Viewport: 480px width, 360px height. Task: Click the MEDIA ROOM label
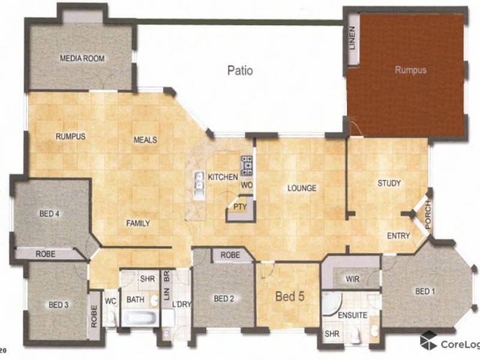click(82, 59)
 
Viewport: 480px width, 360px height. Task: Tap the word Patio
click(239, 70)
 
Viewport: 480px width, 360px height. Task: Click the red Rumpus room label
click(410, 70)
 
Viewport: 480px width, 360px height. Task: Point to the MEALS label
click(145, 140)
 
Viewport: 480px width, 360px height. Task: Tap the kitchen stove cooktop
click(247, 164)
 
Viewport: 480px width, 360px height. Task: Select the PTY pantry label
click(240, 208)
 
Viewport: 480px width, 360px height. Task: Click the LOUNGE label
click(301, 188)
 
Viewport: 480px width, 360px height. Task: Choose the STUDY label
click(389, 183)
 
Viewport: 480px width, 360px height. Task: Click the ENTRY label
click(398, 236)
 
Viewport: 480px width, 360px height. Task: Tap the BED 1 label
click(425, 291)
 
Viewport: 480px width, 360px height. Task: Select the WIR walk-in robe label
click(353, 279)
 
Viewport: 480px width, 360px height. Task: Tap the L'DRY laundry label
click(181, 304)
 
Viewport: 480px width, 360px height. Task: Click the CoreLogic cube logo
click(428, 341)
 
